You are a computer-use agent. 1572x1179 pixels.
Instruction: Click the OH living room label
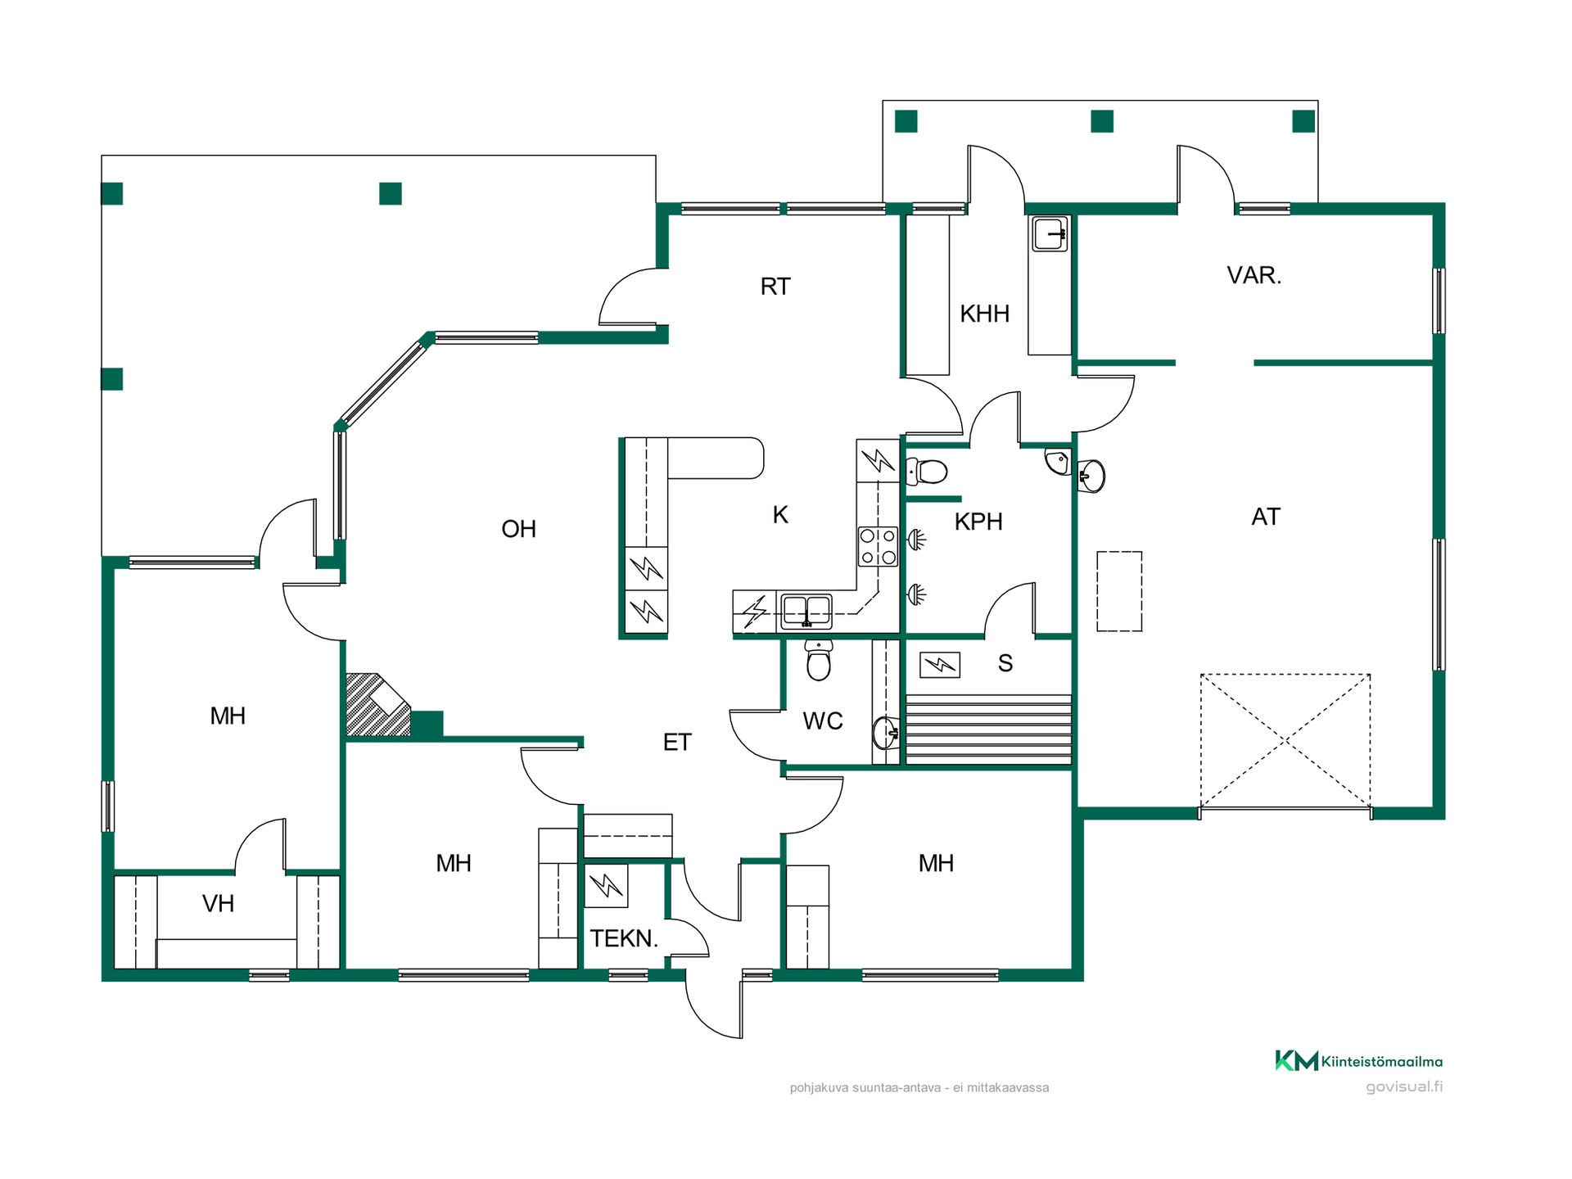[518, 529]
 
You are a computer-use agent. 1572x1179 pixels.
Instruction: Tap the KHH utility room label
[984, 314]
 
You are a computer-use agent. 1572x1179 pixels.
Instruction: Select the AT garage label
[1265, 517]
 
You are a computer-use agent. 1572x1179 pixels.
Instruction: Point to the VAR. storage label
[1254, 275]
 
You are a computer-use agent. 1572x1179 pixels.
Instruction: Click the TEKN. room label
[624, 938]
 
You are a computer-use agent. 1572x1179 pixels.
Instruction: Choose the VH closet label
[218, 904]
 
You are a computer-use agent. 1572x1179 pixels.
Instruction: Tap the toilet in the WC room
[819, 660]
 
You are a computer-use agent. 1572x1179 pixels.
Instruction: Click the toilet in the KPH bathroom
[926, 472]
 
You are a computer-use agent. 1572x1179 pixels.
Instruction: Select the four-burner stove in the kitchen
[878, 547]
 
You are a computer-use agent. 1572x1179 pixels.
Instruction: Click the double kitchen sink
[806, 612]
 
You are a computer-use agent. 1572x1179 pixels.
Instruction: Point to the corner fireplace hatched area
[377, 704]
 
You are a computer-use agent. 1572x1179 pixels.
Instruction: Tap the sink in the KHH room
[1049, 234]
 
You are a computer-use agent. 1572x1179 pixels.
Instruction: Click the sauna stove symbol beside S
[940, 664]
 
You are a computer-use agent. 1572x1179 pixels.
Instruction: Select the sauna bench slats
[988, 730]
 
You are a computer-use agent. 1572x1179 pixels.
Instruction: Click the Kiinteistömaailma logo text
[1381, 1062]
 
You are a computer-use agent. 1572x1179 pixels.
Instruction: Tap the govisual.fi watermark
[1404, 1086]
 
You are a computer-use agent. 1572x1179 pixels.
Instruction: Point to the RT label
[775, 287]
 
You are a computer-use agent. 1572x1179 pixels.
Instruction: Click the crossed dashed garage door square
[1285, 741]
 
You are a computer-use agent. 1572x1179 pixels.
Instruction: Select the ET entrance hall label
[677, 743]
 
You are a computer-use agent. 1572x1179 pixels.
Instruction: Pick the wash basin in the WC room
[885, 733]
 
